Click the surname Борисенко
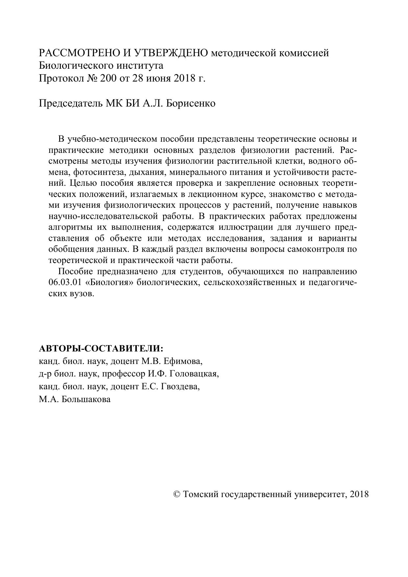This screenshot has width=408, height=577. (191, 103)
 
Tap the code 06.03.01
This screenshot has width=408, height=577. (65, 282)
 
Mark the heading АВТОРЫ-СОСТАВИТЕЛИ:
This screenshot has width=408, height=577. (101, 349)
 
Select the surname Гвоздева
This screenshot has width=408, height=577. (180, 386)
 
